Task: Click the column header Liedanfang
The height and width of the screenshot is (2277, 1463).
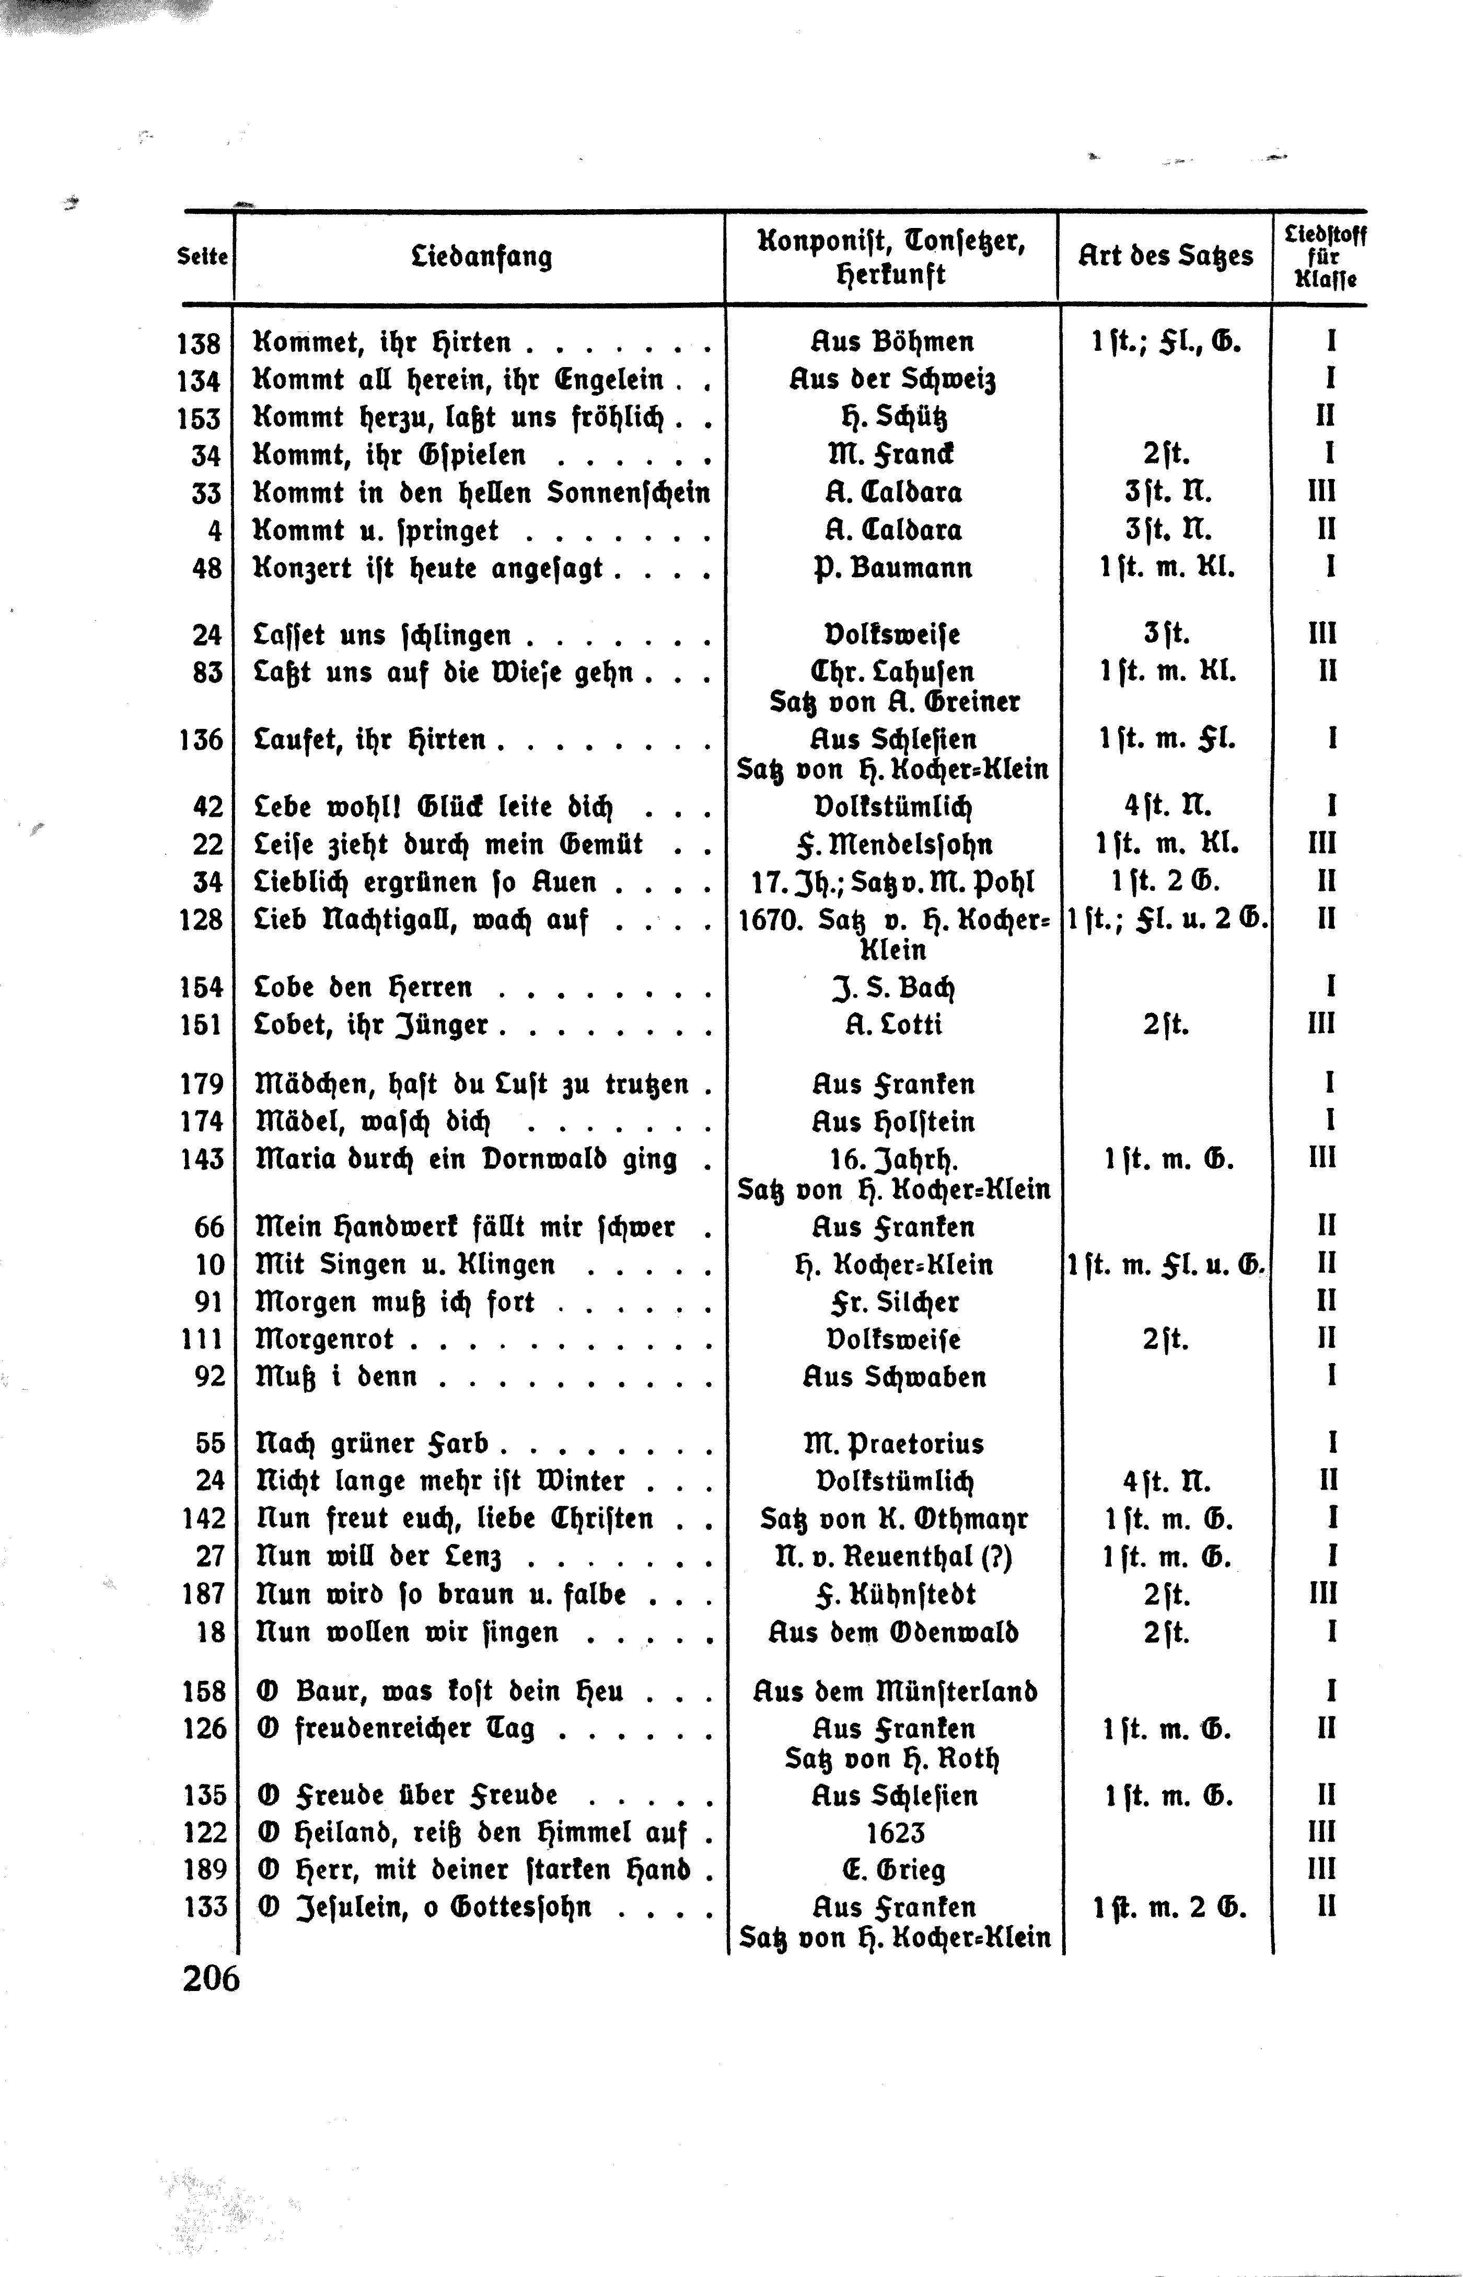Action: coord(482,257)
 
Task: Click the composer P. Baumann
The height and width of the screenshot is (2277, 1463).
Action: coord(893,568)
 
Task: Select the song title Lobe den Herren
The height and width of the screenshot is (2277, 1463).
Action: coord(364,987)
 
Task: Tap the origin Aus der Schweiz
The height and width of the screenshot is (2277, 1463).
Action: coord(892,380)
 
